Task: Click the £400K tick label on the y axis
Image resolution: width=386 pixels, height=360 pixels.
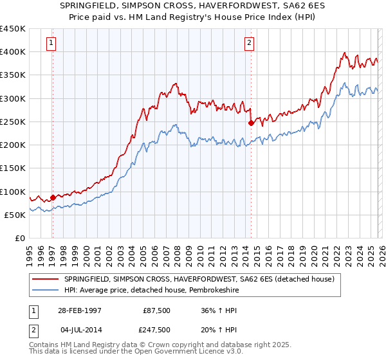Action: (x=13, y=52)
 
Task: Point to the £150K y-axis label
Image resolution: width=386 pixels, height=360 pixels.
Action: (x=13, y=168)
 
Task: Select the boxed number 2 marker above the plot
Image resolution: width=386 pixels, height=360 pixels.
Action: (x=249, y=43)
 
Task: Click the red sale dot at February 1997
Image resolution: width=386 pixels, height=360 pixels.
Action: (x=53, y=197)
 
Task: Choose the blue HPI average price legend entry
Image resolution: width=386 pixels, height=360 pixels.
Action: (x=161, y=291)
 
